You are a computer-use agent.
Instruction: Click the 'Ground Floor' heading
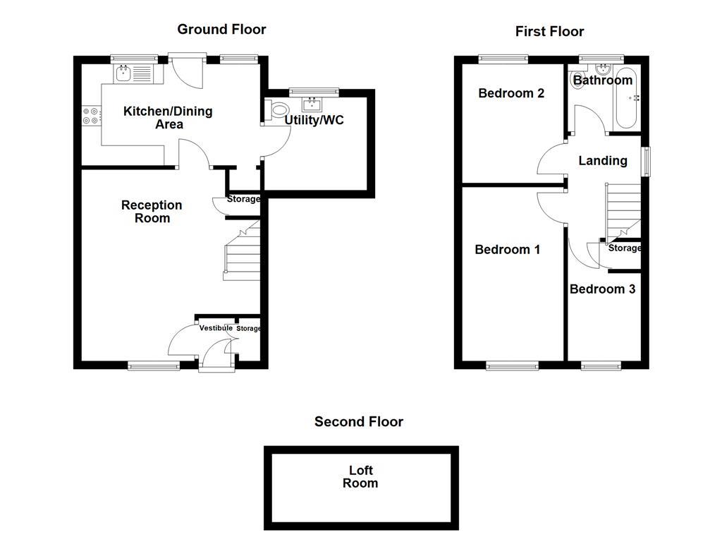tap(221, 29)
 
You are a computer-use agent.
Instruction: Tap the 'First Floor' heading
tap(549, 31)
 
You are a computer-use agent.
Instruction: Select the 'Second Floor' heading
tap(359, 421)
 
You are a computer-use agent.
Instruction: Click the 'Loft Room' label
tap(360, 477)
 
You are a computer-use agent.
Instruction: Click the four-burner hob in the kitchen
tap(90, 115)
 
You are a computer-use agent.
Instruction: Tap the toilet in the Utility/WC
tap(277, 110)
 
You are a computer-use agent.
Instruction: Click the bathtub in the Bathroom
tap(625, 99)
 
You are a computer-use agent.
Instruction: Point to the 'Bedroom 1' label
tap(507, 249)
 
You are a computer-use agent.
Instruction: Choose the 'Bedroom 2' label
tap(510, 93)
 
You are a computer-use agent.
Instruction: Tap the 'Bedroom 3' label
tap(602, 289)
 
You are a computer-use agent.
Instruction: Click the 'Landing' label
tap(602, 161)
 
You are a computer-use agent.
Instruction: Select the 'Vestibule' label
tap(216, 328)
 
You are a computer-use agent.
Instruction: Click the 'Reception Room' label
tap(152, 212)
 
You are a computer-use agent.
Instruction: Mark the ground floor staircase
tap(242, 252)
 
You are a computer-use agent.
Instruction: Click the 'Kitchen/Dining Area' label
tap(168, 118)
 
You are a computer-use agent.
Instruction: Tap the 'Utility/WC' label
tap(314, 120)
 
